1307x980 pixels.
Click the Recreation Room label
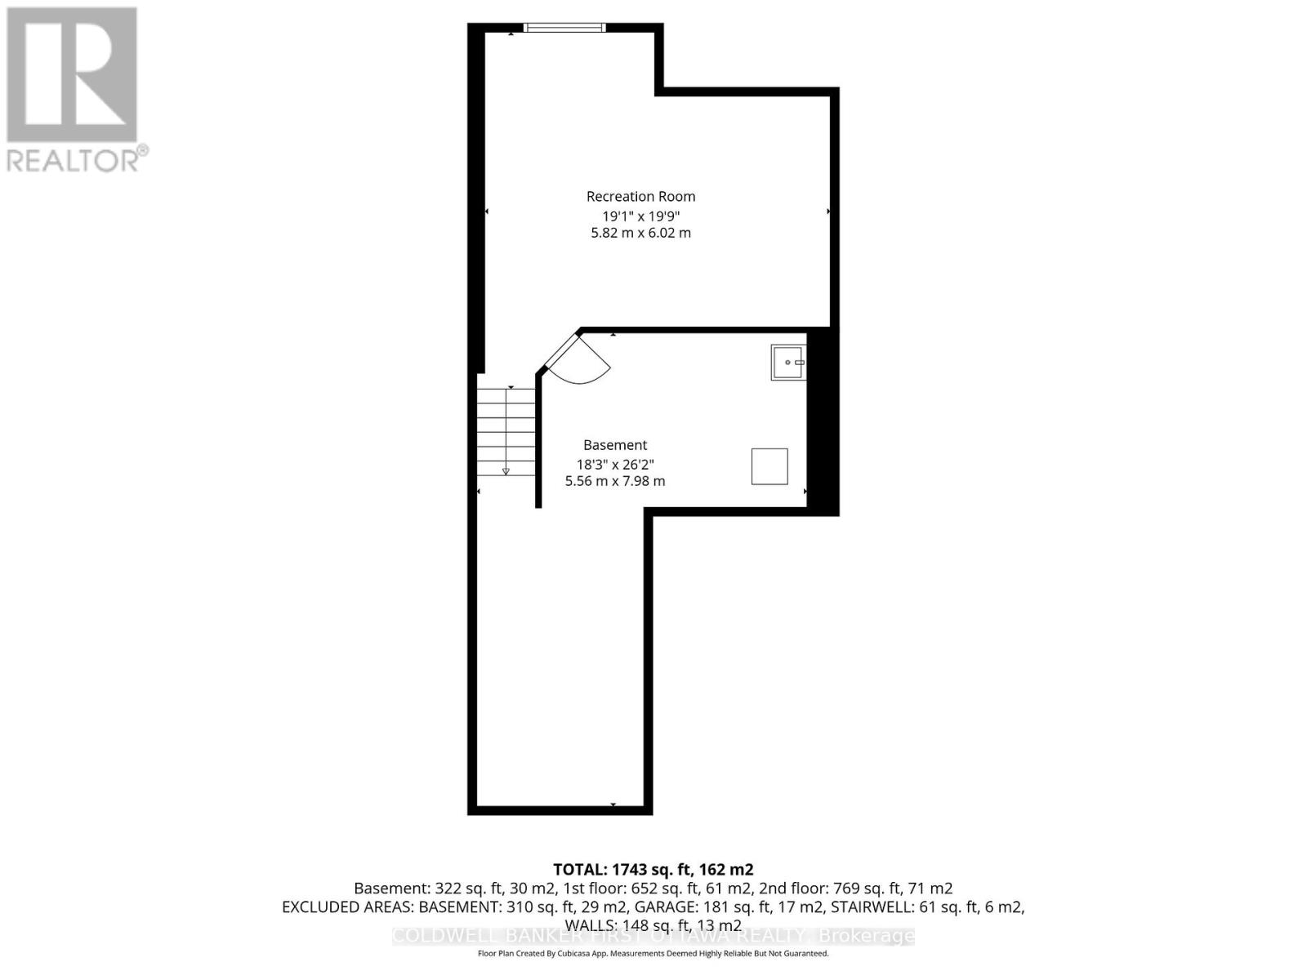tap(640, 196)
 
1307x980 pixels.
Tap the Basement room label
tap(614, 445)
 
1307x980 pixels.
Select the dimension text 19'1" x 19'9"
tap(640, 216)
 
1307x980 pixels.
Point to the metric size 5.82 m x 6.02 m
tap(640, 233)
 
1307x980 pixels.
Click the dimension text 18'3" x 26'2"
tap(614, 465)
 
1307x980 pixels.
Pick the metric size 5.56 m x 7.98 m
tap(614, 481)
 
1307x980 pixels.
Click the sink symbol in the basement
tap(788, 362)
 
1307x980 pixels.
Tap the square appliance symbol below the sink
tap(769, 466)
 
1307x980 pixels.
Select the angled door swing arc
tap(582, 363)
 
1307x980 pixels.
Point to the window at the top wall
tap(564, 28)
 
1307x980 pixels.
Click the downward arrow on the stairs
tap(506, 470)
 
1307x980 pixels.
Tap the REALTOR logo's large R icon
tap(72, 75)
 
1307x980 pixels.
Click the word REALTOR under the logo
tap(74, 159)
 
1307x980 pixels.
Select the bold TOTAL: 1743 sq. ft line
tap(653, 870)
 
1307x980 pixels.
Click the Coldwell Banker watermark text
tap(653, 936)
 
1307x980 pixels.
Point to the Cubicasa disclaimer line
tap(653, 954)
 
